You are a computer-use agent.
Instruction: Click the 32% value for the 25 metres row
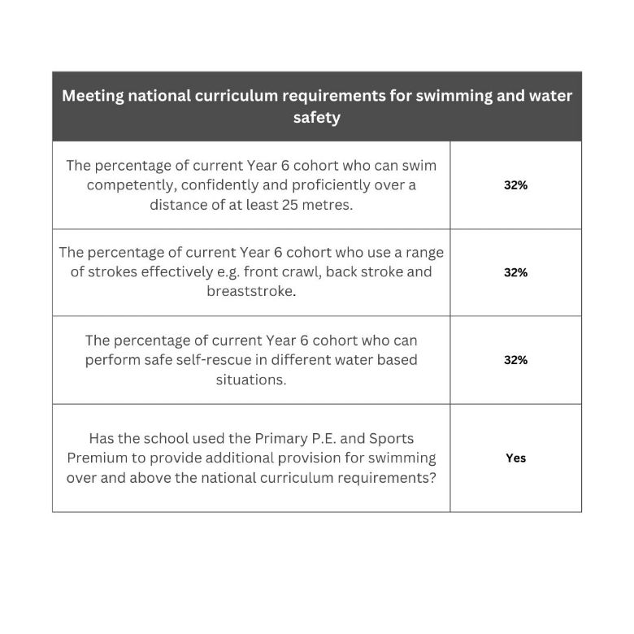tap(515, 185)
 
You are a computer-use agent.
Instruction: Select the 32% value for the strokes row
tap(515, 272)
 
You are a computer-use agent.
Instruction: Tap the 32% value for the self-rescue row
tap(515, 360)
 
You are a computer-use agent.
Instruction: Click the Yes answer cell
tap(515, 458)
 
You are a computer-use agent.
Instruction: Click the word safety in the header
tap(317, 118)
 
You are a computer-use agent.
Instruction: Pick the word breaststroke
tap(250, 291)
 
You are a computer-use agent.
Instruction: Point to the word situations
tap(250, 380)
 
